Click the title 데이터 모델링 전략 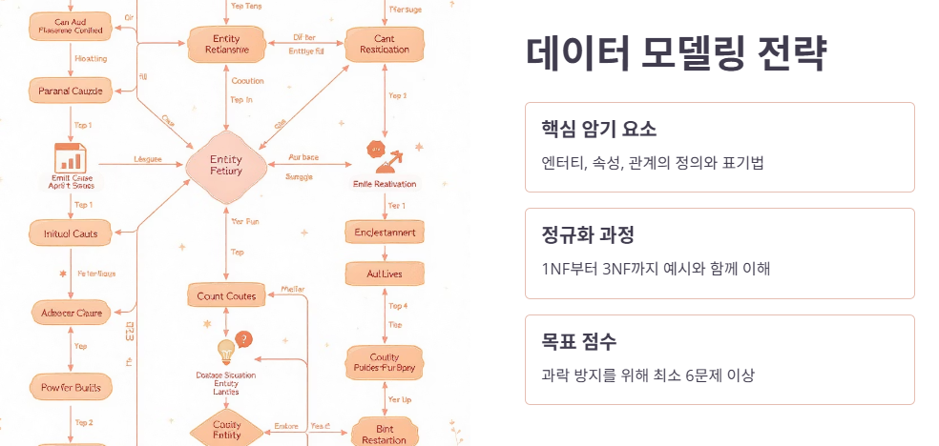click(x=676, y=54)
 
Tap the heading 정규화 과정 click(x=587, y=235)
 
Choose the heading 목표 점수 click(x=578, y=341)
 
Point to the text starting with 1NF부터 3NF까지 click(x=656, y=268)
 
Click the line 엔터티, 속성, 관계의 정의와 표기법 click(x=652, y=162)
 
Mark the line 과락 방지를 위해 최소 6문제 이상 click(x=647, y=375)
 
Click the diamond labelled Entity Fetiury click(x=227, y=166)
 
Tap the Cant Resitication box click(x=385, y=44)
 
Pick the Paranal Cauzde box click(x=72, y=91)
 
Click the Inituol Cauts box click(x=72, y=233)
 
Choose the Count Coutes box click(x=227, y=296)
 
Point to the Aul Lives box click(x=385, y=274)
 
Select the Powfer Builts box click(x=72, y=387)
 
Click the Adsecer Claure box click(x=72, y=311)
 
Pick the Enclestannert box click(x=385, y=233)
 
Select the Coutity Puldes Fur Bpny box click(x=385, y=362)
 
